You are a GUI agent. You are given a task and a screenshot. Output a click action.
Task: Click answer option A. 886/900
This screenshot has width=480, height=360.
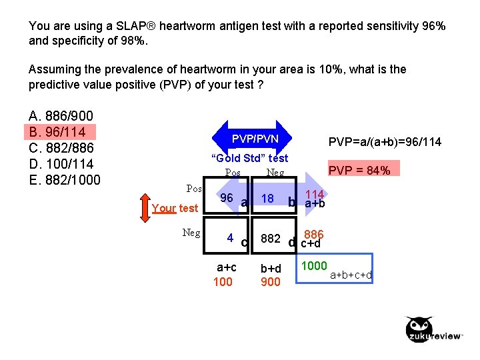tap(61, 115)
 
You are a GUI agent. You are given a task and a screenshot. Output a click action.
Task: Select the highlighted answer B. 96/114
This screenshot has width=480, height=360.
tap(61, 131)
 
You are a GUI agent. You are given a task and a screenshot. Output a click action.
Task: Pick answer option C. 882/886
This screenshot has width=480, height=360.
tap(61, 148)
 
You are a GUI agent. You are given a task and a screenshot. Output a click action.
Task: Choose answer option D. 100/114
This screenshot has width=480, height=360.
tap(61, 164)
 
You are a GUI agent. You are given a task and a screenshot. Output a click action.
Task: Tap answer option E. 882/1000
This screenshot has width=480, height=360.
tap(65, 180)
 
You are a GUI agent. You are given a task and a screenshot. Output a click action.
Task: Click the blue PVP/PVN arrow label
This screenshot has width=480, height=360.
tap(255, 139)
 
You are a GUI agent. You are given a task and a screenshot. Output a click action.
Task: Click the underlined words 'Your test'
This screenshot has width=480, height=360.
tap(175, 208)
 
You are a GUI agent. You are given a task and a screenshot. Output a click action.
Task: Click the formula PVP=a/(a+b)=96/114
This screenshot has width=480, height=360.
tap(385, 142)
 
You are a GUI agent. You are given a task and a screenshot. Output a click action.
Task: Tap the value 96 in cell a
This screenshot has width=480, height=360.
tap(227, 198)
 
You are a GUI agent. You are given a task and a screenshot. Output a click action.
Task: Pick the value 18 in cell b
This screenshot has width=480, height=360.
tap(268, 199)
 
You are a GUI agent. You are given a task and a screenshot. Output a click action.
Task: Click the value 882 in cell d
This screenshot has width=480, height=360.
tap(271, 238)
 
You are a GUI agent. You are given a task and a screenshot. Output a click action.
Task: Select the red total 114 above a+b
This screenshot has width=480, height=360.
tap(314, 193)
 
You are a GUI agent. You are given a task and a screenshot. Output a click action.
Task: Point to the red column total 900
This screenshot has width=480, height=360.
tap(270, 282)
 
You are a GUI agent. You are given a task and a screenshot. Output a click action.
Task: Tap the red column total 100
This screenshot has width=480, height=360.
tap(223, 282)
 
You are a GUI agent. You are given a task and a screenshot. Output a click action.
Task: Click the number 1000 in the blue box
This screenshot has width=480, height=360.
tap(315, 266)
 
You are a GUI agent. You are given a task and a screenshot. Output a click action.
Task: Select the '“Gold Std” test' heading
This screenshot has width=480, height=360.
tap(249, 158)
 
